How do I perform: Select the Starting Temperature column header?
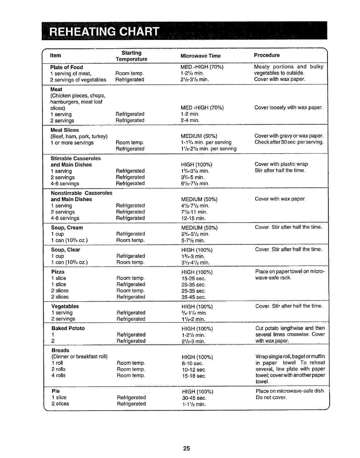(x=131, y=56)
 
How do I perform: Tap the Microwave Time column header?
(x=201, y=56)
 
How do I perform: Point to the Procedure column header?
(x=267, y=55)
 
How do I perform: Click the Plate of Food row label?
(x=67, y=67)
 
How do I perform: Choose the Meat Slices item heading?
(x=65, y=130)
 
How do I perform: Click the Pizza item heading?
(x=58, y=272)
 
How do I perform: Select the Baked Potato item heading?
(x=68, y=328)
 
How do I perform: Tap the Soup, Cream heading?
(x=67, y=228)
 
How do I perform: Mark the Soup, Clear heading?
(x=66, y=250)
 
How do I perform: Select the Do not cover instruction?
(x=271, y=398)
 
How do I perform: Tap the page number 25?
(x=186, y=448)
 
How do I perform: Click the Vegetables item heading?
(x=65, y=306)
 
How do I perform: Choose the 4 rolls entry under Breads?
(x=58, y=376)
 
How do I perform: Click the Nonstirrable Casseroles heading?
(x=81, y=193)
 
